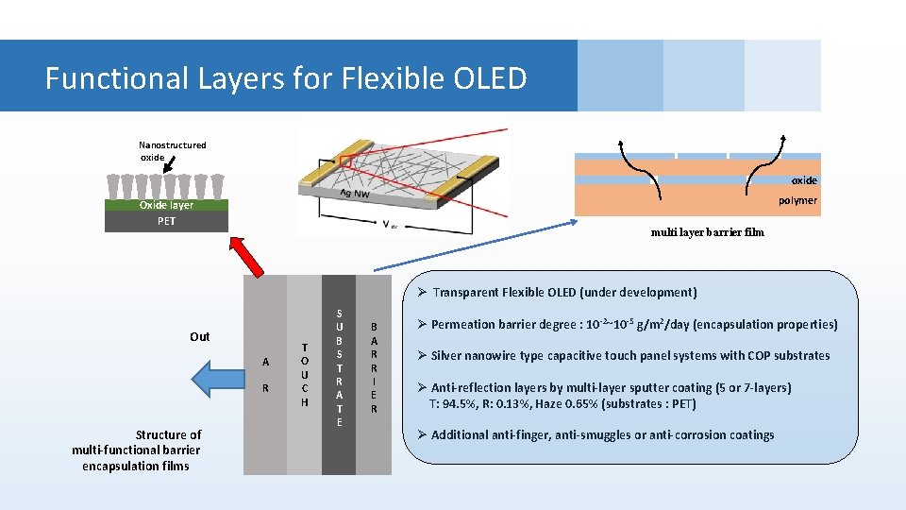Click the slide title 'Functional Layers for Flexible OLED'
point(285,77)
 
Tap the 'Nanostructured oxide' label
point(172,151)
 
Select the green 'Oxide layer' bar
point(166,205)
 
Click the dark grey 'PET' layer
point(166,221)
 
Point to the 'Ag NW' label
point(355,194)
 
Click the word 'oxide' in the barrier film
point(803,180)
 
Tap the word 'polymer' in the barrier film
point(797,200)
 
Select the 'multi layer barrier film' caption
point(707,232)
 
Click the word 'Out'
point(200,336)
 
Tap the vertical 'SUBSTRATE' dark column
point(339,375)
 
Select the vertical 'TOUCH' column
point(304,375)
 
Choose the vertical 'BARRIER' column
point(374,375)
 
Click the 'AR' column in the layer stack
point(265,375)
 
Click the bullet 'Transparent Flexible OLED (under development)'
point(563,293)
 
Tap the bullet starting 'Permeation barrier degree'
point(633,324)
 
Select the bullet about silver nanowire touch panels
point(629,356)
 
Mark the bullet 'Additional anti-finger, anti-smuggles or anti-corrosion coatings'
point(602,435)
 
